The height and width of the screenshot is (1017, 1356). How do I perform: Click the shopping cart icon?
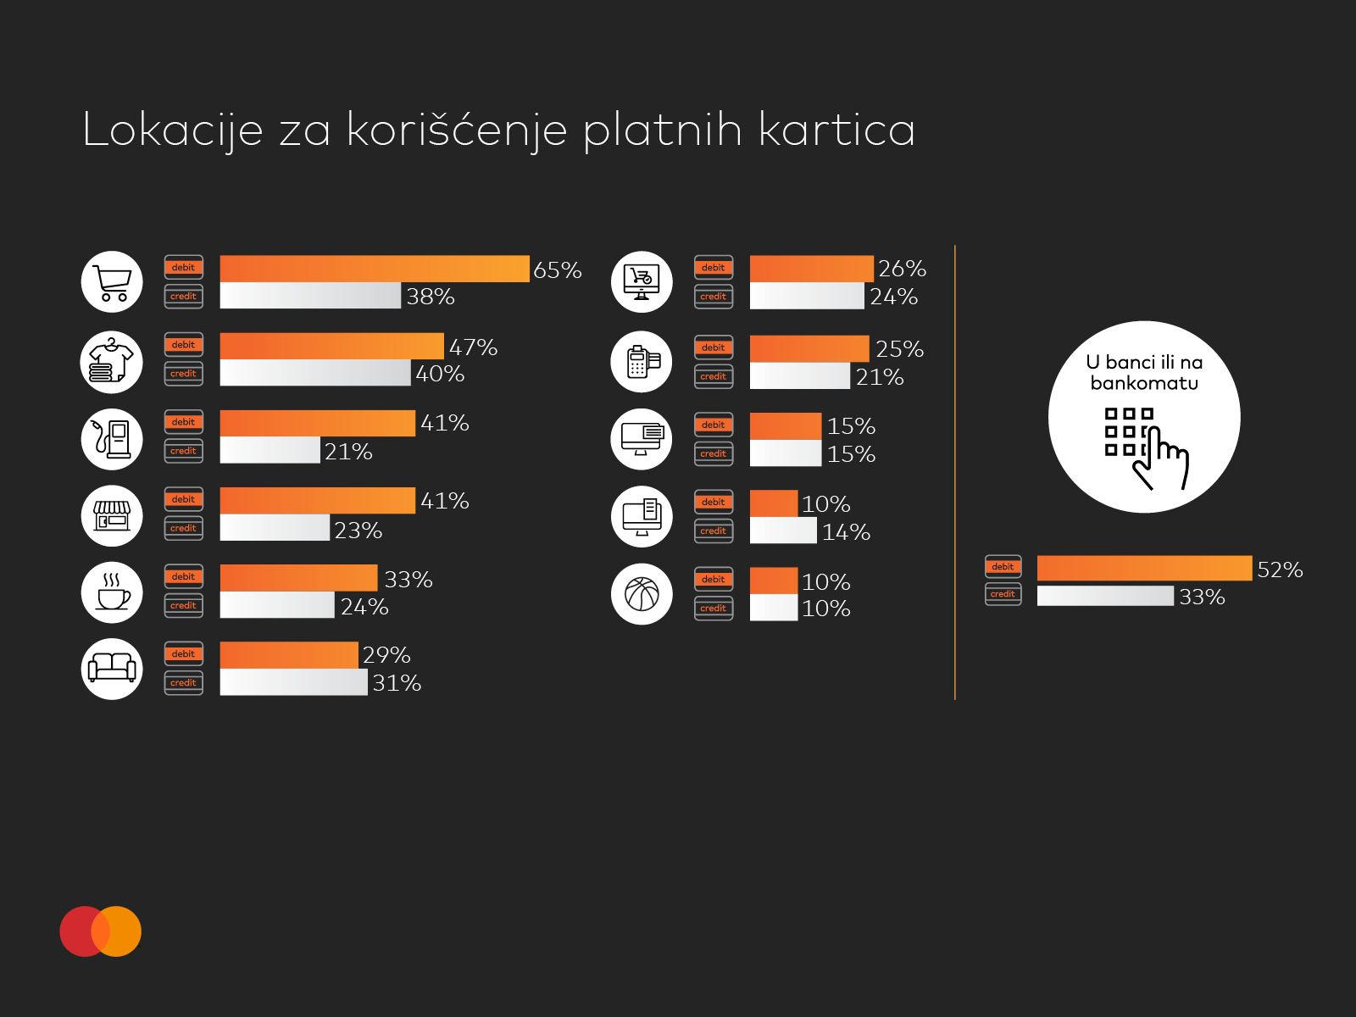point(112,281)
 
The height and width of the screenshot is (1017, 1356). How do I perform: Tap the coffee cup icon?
point(112,592)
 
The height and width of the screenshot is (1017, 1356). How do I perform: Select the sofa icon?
point(112,669)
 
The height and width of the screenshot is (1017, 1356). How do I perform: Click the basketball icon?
point(642,594)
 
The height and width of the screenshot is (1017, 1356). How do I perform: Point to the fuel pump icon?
point(112,439)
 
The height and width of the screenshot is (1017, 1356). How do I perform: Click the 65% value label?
point(557,270)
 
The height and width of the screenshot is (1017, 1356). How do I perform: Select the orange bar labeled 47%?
point(331,346)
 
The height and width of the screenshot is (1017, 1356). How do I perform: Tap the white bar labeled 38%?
point(310,295)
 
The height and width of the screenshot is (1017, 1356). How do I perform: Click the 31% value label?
point(397,683)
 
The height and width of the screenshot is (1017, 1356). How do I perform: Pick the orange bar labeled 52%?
point(1145,568)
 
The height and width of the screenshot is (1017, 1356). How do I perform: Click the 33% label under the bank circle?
point(1202,597)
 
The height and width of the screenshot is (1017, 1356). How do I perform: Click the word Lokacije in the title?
point(173,131)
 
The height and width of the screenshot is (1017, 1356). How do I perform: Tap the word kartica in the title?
point(836,130)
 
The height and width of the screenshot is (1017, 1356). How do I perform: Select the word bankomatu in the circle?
point(1144,383)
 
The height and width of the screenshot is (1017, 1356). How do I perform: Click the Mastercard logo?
point(101,931)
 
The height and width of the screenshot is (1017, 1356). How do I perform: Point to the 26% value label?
point(902,269)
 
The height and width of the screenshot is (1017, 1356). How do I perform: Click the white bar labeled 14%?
point(783,531)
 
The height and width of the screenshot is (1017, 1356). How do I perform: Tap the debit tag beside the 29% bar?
point(183,654)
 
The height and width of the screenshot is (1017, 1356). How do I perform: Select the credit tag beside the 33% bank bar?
point(1003,594)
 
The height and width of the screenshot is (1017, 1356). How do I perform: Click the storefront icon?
point(112,515)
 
